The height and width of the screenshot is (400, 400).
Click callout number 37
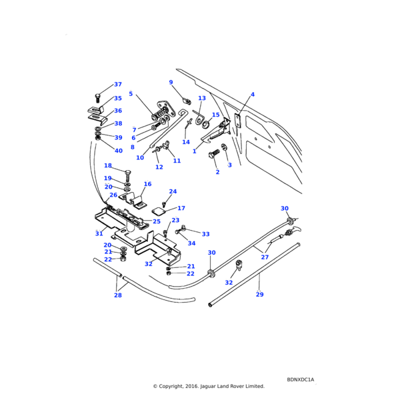(118, 85)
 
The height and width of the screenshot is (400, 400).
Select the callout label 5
(131, 94)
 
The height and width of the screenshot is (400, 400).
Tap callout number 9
(171, 83)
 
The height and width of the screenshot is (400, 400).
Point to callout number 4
(253, 95)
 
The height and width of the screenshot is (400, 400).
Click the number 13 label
(202, 99)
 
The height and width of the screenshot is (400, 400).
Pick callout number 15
(215, 115)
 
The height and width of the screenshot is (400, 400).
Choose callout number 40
(119, 151)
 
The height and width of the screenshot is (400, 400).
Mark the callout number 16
(147, 184)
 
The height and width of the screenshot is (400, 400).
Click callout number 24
(173, 192)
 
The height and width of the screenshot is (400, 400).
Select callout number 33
(205, 234)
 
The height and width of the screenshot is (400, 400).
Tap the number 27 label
(265, 257)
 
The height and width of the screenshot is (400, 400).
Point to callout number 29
(259, 294)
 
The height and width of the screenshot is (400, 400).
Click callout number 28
(118, 295)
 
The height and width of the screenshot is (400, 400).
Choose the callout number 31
(99, 234)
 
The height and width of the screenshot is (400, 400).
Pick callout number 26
(113, 195)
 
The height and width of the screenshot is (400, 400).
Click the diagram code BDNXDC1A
(301, 379)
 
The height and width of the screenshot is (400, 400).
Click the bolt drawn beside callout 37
(97, 97)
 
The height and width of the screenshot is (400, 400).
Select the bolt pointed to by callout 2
(213, 155)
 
